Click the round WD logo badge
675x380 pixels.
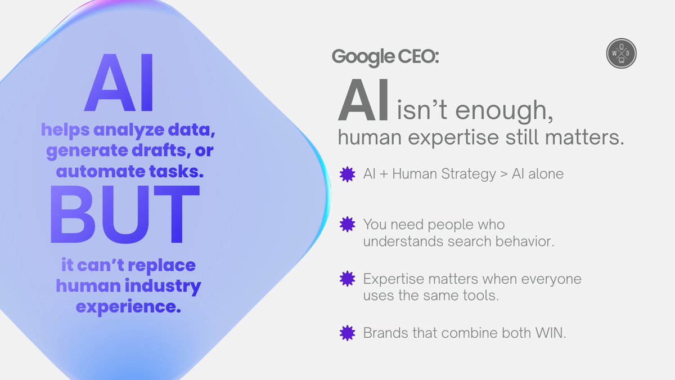point(621,53)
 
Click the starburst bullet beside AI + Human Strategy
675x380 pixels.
point(348,175)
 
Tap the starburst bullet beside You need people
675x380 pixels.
point(348,225)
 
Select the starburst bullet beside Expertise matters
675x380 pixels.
point(348,279)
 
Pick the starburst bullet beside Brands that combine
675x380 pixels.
point(348,333)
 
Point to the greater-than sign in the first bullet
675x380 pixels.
point(502,175)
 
